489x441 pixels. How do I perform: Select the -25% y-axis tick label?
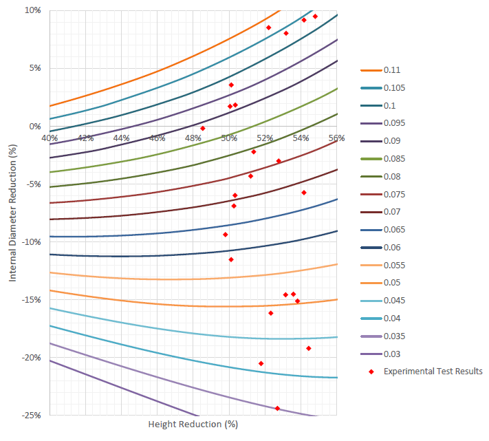coord(30,416)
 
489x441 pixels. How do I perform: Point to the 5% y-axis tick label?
coord(34,68)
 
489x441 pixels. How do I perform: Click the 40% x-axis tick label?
coord(50,138)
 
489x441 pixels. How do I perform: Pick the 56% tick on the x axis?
coord(336,138)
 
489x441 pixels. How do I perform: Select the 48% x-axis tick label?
coord(193,138)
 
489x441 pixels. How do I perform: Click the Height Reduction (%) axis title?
coord(193,424)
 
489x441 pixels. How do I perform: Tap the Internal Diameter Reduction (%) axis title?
coord(12,213)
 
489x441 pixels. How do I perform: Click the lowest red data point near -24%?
coord(277,409)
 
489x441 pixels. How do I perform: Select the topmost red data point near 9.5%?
coord(315,17)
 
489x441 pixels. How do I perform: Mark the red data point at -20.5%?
coord(261,363)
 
